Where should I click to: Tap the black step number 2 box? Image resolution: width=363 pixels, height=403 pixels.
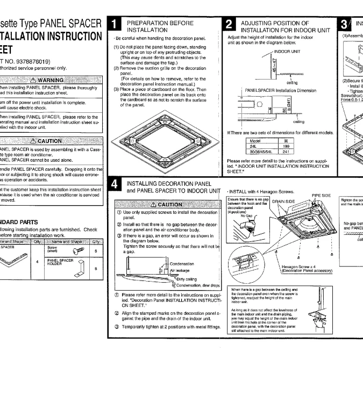(x=228, y=25)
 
